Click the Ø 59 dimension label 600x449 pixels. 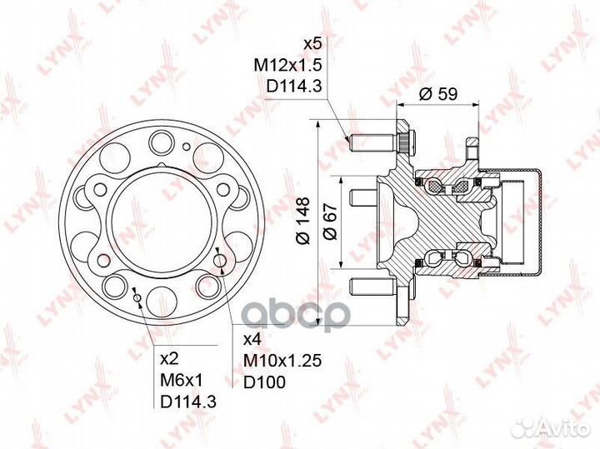coord(437,93)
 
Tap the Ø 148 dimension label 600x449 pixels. coord(303,220)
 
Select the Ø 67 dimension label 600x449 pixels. coord(330,222)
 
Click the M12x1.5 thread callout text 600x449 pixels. coord(287,66)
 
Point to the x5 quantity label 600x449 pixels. coord(312,44)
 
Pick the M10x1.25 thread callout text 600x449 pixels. coord(282,360)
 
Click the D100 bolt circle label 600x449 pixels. coord(264,382)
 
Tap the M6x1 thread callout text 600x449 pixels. coord(182,380)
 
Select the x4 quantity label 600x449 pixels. coord(252,339)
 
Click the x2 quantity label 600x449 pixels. coord(169,359)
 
